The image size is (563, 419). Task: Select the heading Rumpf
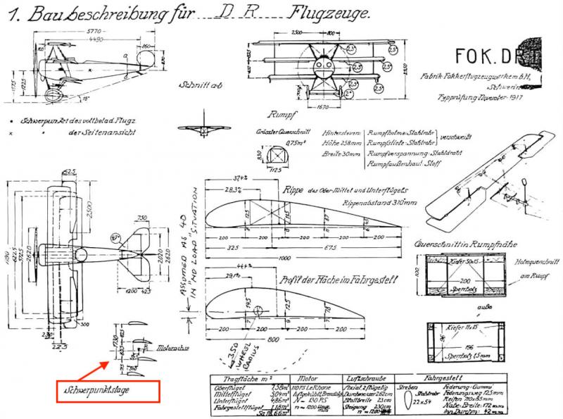[x=280, y=113]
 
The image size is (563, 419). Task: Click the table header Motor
[x=314, y=377]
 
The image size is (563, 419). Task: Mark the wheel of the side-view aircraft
[x=53, y=94]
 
